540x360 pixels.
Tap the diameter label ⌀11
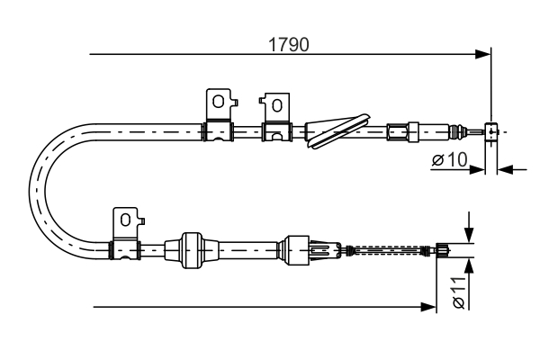[x=459, y=290]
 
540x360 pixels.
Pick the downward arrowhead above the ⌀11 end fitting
[x=469, y=236]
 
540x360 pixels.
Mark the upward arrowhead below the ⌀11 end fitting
[x=469, y=264]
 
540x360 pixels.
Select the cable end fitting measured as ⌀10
[x=491, y=132]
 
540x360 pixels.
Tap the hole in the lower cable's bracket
[x=127, y=217]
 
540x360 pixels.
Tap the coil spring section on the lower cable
[x=389, y=248]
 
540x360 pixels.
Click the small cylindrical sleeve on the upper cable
[x=397, y=132]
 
